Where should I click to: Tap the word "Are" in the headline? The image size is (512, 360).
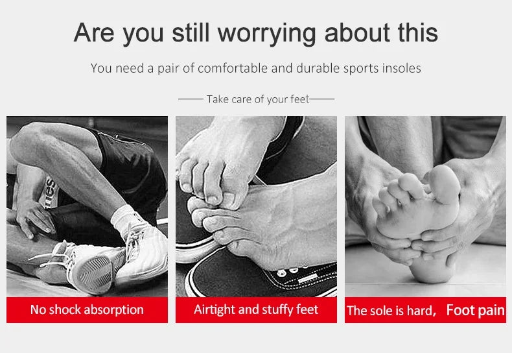[x=94, y=32]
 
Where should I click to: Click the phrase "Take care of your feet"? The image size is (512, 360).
[x=257, y=99]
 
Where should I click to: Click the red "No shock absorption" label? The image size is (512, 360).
[x=87, y=310]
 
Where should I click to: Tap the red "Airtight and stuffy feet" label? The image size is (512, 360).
[x=256, y=310]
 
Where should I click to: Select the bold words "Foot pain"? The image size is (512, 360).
[x=475, y=310]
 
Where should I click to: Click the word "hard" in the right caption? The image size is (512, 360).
[x=419, y=311]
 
